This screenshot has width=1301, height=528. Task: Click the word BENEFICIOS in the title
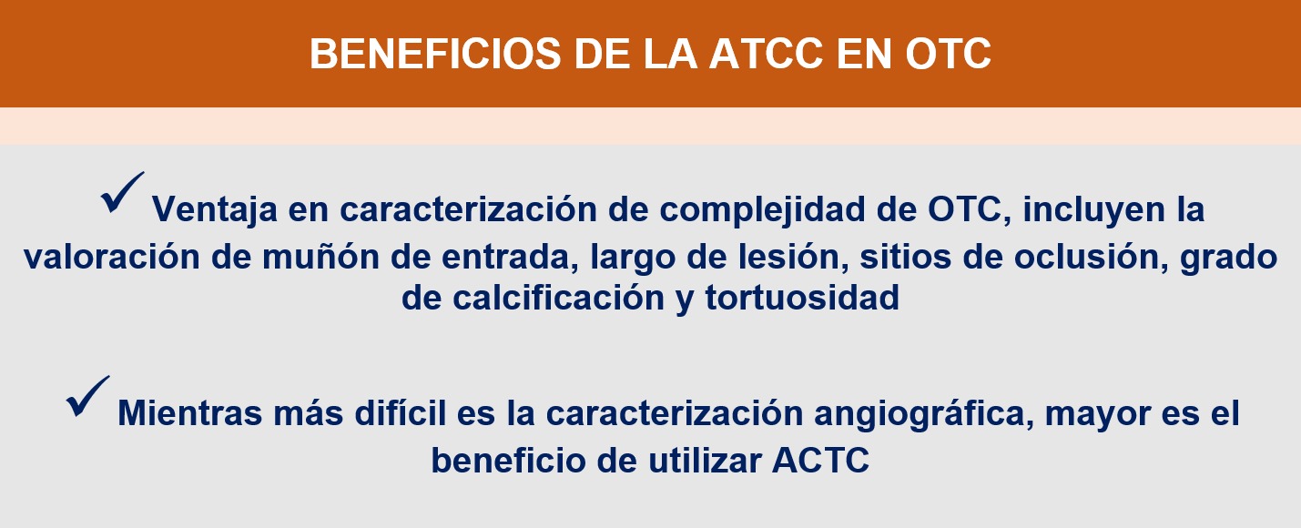(x=435, y=54)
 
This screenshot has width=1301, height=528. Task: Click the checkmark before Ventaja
(x=123, y=193)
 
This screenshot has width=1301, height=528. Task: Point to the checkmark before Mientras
(x=87, y=396)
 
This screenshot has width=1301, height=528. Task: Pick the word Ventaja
(x=214, y=209)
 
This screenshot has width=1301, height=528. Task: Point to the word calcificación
(x=558, y=298)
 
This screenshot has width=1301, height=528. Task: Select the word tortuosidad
(x=802, y=298)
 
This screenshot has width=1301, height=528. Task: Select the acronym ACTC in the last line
(x=820, y=461)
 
